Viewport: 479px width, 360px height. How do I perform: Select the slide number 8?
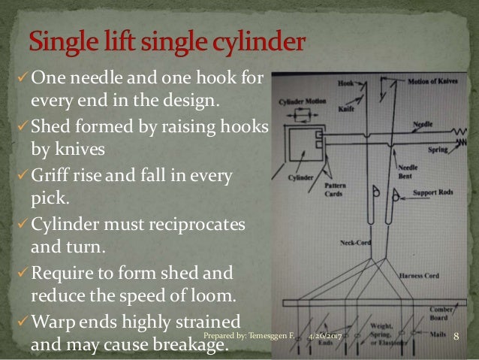click(456, 343)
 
